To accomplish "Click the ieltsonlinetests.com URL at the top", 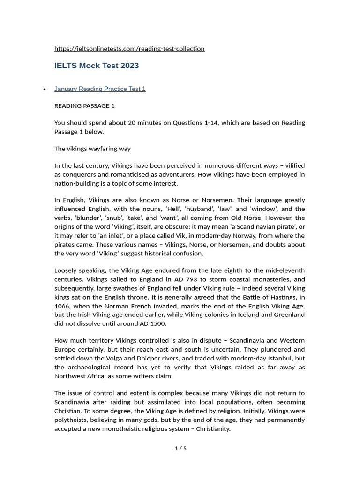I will click(129, 49).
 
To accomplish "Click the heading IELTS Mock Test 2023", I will click(97, 66).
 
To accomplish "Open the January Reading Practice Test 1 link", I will click(100, 89).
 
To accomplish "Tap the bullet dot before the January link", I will click(45, 90).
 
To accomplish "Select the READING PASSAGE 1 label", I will click(84, 106).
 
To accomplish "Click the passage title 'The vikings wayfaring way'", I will click(92, 149).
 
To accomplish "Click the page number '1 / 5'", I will click(180, 449).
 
